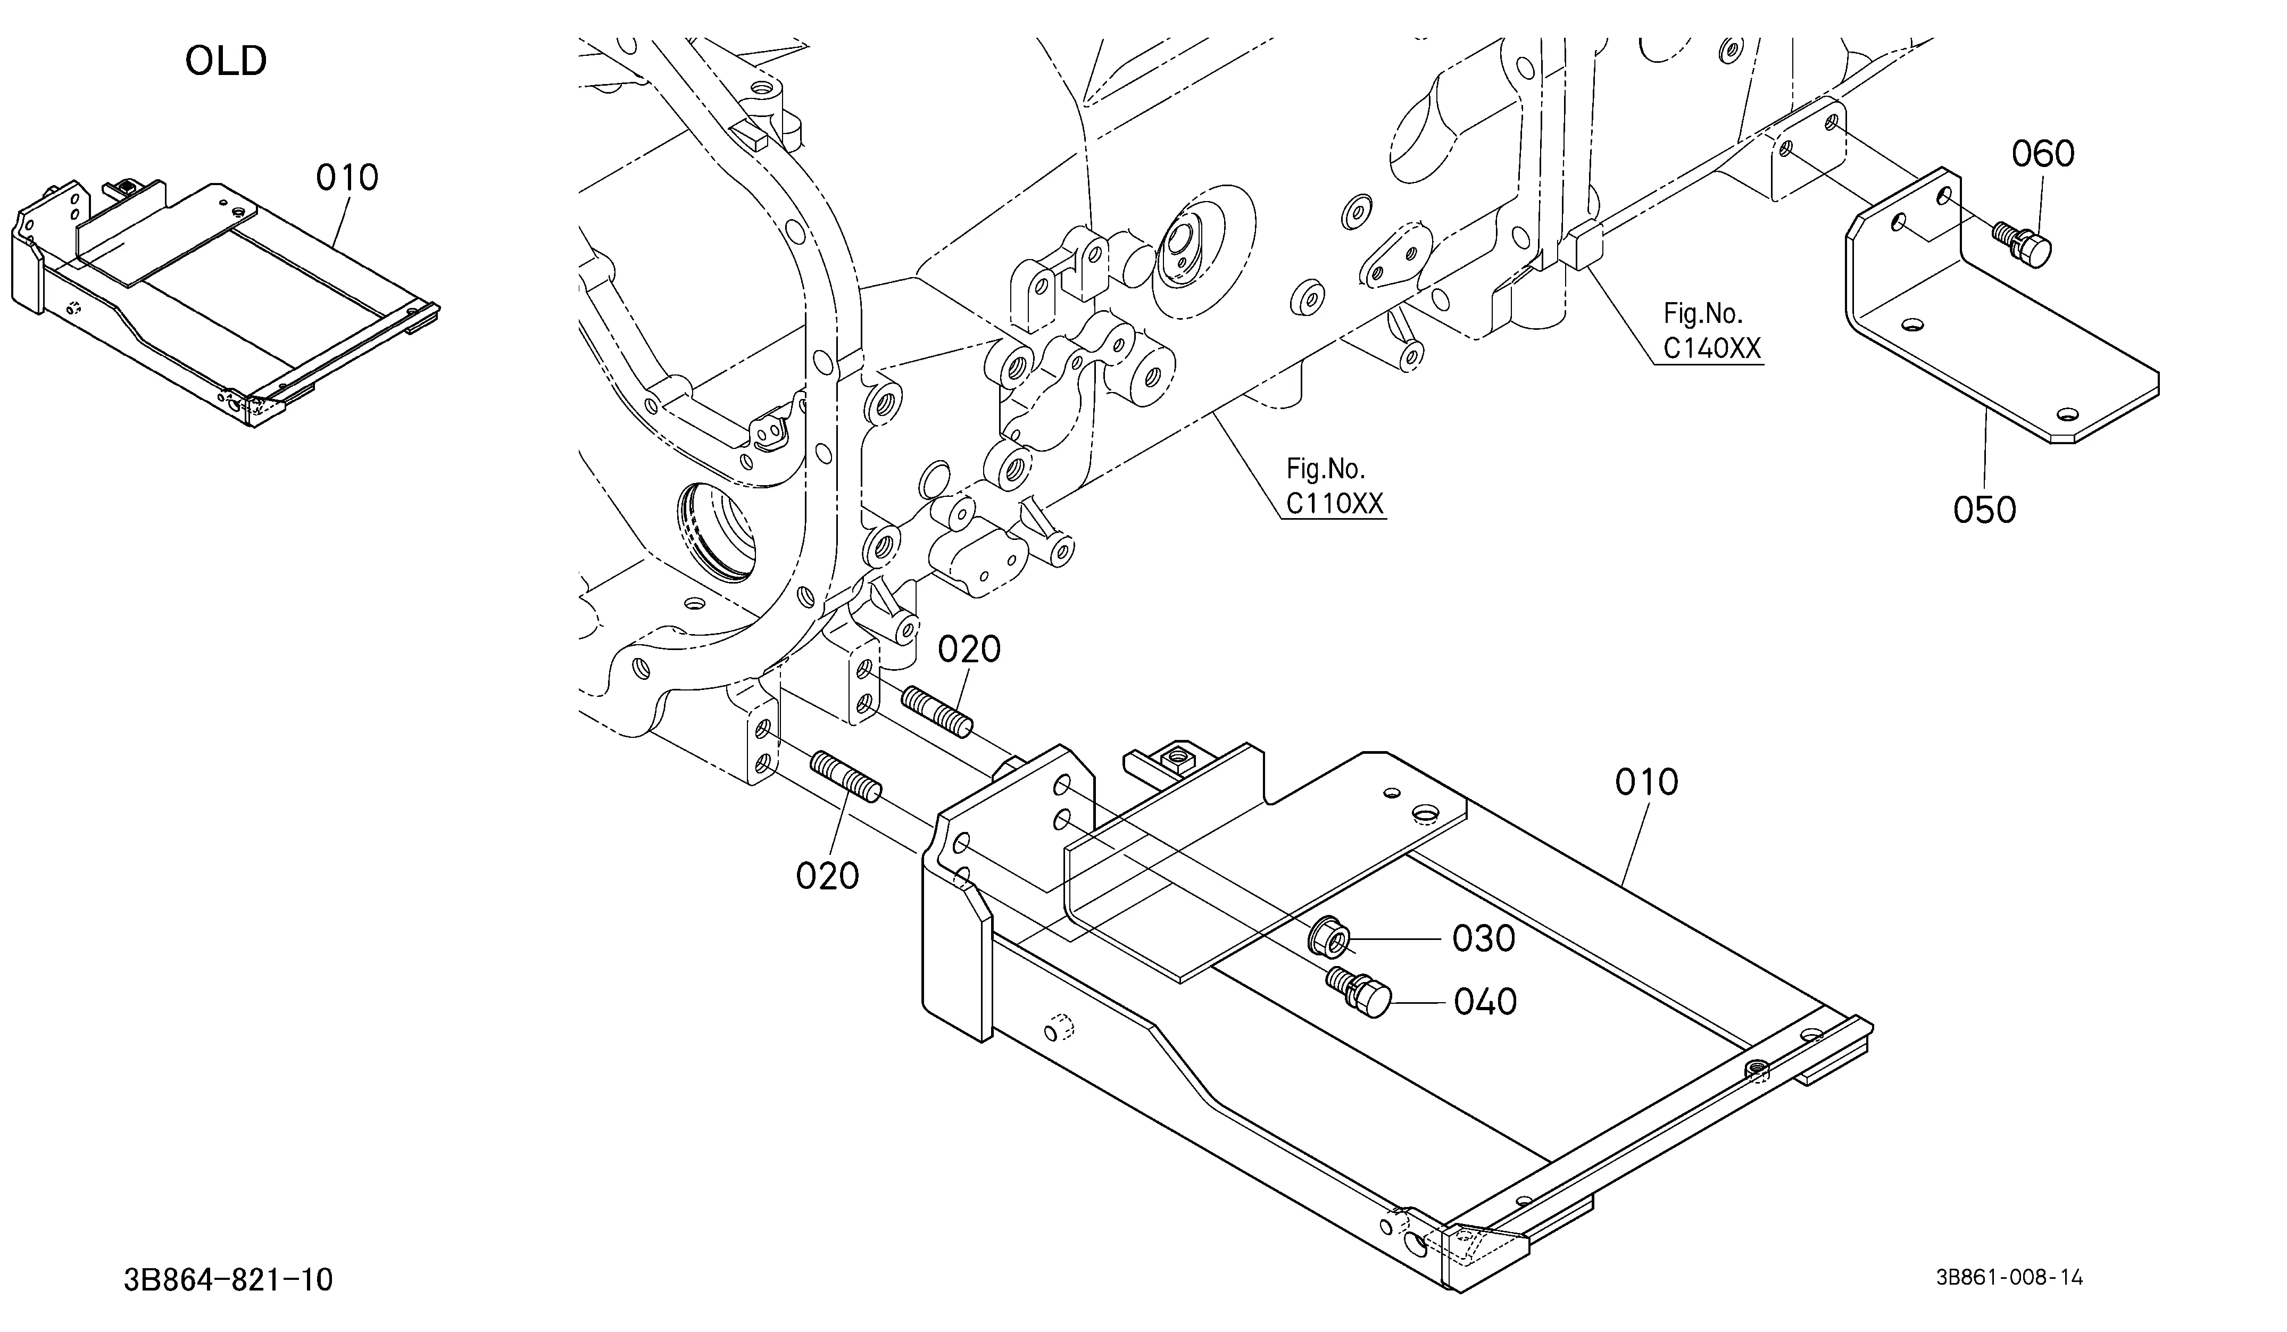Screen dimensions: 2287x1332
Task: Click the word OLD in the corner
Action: (226, 61)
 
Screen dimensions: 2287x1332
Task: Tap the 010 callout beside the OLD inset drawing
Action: (347, 178)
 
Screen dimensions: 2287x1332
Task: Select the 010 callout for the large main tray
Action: (1646, 782)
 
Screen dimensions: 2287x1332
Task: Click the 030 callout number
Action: (1484, 939)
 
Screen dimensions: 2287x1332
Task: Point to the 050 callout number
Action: (1985, 511)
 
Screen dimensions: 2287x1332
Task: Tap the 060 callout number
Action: (2043, 154)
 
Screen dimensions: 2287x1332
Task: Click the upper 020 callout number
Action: (969, 650)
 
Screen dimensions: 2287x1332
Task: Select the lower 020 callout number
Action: (828, 877)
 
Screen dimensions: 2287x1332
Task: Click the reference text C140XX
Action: (1711, 348)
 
